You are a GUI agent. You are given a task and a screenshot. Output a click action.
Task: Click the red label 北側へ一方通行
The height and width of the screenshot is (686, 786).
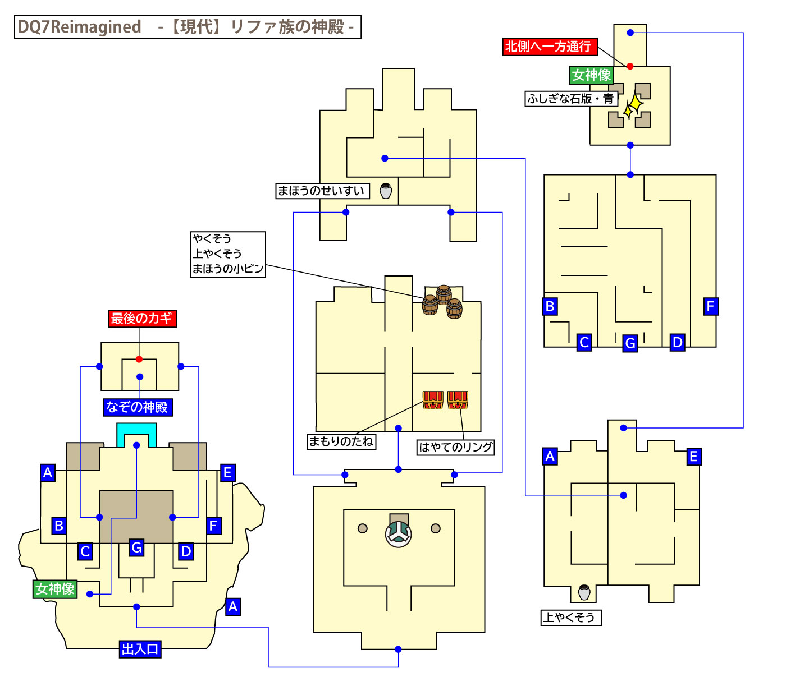pos(549,47)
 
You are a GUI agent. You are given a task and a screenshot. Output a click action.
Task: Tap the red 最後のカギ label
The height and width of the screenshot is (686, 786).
pos(141,319)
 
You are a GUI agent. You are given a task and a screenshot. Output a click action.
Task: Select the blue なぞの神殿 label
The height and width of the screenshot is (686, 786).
pos(138,407)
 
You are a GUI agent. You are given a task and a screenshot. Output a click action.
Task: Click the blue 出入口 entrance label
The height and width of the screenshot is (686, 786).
pos(140,650)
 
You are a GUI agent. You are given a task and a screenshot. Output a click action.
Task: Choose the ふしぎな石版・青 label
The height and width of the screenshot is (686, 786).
pos(570,99)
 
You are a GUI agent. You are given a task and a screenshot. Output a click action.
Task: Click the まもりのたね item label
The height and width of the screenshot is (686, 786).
pos(341,441)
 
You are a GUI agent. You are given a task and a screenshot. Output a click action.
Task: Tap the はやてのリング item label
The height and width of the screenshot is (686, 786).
pos(455,447)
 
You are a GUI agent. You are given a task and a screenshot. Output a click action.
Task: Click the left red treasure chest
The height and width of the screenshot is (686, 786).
pos(433,400)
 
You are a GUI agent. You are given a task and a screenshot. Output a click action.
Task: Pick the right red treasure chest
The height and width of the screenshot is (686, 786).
pos(458,400)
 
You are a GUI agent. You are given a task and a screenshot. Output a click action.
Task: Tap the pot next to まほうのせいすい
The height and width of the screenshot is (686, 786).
pos(386,191)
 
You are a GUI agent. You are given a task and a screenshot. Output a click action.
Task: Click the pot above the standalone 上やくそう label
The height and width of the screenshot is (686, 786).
pos(584,592)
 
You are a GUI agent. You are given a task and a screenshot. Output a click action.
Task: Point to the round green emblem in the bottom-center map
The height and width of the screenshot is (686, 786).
pos(398,533)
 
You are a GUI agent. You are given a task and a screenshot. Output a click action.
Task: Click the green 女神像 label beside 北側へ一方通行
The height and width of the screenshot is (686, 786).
pos(591,75)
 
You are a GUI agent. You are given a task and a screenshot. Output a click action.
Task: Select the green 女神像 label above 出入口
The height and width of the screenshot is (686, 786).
pos(54,589)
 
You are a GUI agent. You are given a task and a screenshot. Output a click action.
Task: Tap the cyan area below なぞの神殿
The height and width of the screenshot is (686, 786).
pos(136,433)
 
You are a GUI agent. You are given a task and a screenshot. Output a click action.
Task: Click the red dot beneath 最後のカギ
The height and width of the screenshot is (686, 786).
pos(139,359)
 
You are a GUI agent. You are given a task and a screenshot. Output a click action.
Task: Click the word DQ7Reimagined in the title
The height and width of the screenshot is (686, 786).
pos(79,27)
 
